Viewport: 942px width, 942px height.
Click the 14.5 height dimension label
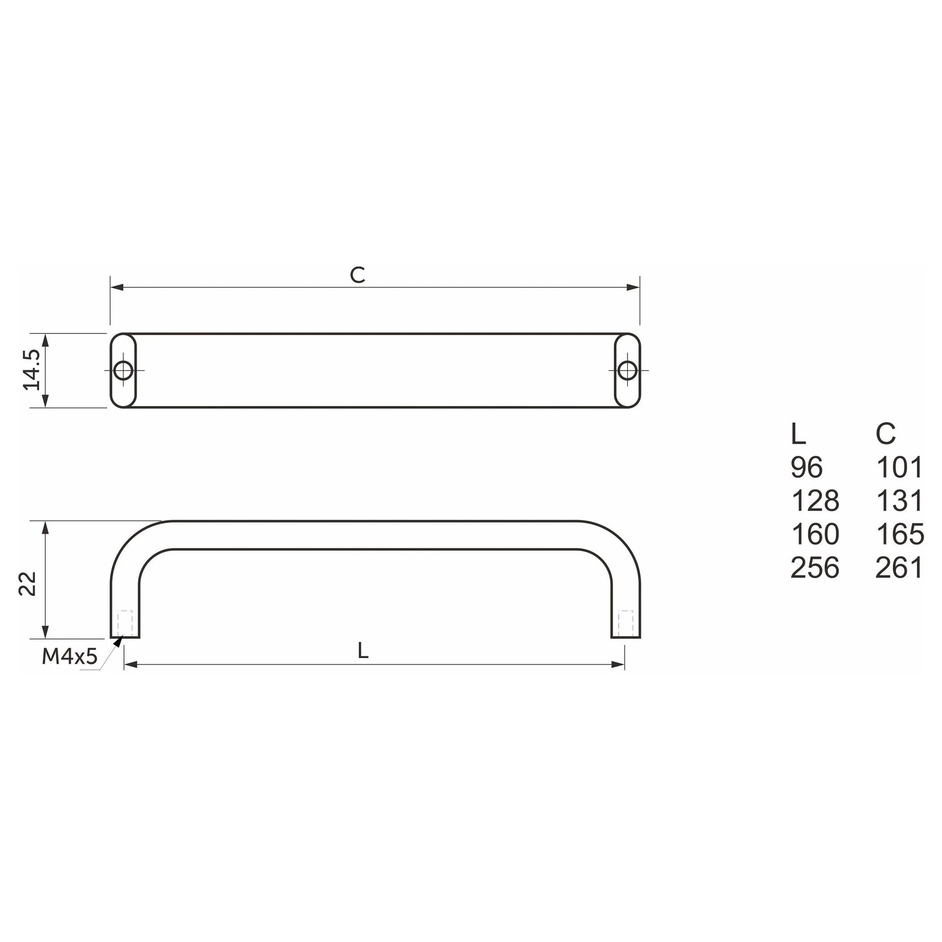pyautogui.click(x=32, y=370)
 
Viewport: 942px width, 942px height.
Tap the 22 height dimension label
pyautogui.click(x=28, y=584)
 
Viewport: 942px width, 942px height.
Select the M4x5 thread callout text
pyautogui.click(x=70, y=657)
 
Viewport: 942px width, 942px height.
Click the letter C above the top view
pyautogui.click(x=358, y=275)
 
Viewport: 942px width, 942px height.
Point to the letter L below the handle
pyautogui.click(x=363, y=650)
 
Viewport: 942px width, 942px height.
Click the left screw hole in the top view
pyautogui.click(x=123, y=371)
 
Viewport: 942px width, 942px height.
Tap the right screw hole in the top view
pyautogui.click(x=627, y=371)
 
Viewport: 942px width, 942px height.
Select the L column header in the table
pyautogui.click(x=798, y=433)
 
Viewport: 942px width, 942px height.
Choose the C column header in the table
pyautogui.click(x=885, y=433)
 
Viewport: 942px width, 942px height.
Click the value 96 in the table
pyautogui.click(x=807, y=467)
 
